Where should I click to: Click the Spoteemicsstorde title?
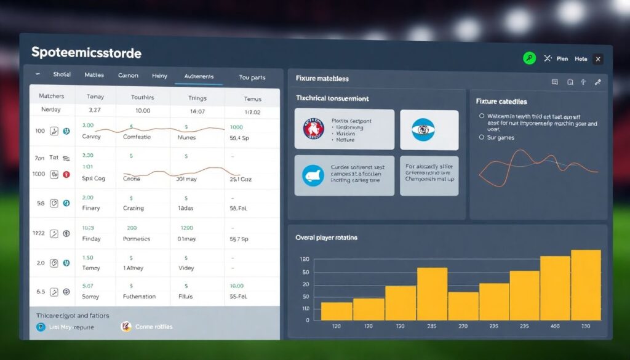pos(86,53)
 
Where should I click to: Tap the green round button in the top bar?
pos(529,58)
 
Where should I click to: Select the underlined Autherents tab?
pos(199,76)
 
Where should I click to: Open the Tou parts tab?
pos(252,78)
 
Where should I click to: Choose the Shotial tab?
pos(62,74)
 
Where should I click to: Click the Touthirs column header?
pos(143,98)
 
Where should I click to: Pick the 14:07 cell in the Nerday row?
pos(197,112)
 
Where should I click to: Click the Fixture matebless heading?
pos(322,78)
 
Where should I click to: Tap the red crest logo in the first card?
pos(314,130)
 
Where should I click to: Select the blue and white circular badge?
pos(423,130)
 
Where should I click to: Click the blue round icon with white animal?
pos(313,175)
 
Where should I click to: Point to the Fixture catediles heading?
pos(501,102)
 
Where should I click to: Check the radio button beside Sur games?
pos(481,137)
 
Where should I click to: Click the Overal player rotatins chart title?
pos(326,238)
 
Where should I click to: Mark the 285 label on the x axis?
pos(431,326)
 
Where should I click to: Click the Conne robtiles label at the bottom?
pos(154,327)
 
